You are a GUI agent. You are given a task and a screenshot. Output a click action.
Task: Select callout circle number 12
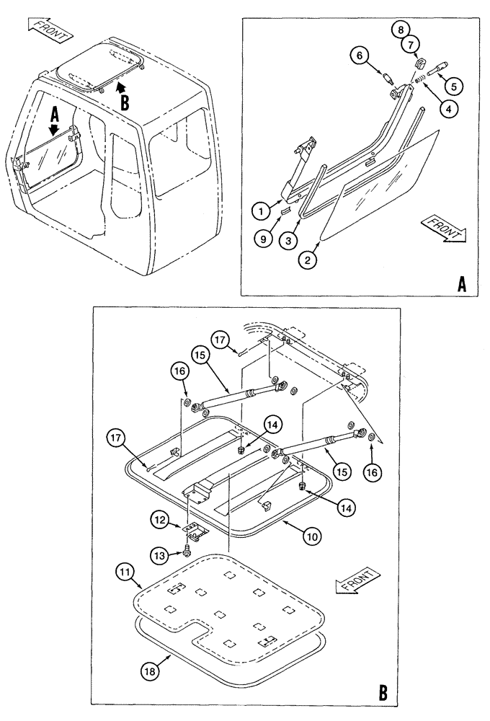(161, 519)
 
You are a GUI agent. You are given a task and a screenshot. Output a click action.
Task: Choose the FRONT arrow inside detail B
(355, 582)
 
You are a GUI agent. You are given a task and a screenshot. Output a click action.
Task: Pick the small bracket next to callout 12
(195, 530)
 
